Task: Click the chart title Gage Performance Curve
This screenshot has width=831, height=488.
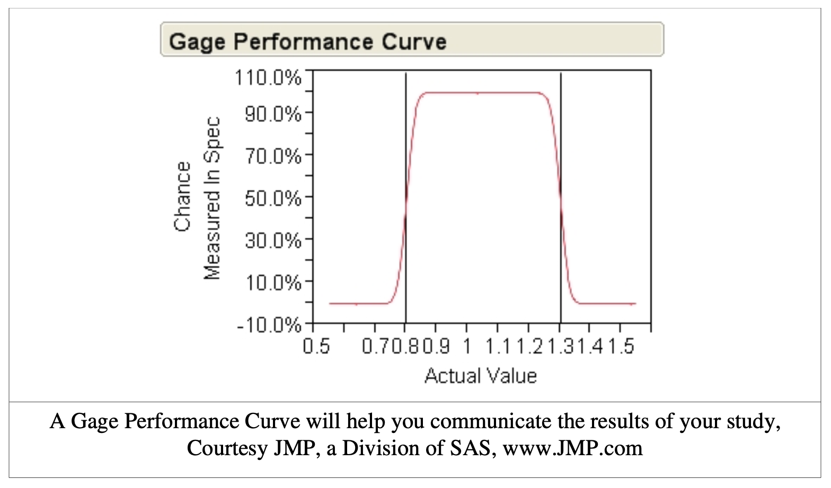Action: coord(307,41)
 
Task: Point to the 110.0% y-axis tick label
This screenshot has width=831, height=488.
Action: coord(268,78)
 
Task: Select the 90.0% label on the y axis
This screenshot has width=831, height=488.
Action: coord(272,114)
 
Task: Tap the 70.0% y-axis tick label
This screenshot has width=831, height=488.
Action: coord(272,156)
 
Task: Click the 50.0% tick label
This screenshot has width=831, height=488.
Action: coord(272,198)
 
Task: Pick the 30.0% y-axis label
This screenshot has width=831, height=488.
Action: coord(272,241)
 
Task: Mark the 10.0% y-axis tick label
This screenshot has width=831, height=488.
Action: coord(272,283)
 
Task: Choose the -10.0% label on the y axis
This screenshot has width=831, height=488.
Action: coord(269,324)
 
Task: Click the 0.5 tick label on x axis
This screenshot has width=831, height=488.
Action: coord(316,347)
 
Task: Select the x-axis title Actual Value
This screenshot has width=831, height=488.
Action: coord(480,376)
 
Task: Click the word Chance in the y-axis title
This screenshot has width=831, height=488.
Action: coord(182,196)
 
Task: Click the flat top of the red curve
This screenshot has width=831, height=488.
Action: coord(480,93)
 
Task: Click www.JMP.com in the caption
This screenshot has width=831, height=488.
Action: coord(572,448)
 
